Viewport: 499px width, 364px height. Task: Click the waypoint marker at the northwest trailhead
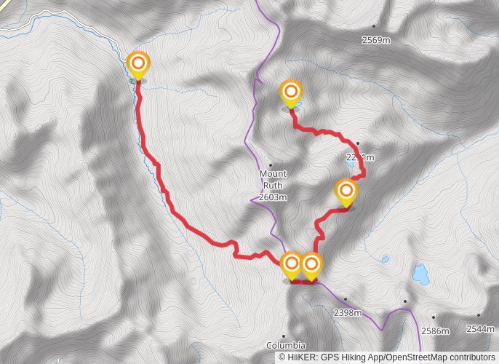(x=137, y=64)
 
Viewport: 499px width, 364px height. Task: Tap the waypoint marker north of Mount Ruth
(x=291, y=92)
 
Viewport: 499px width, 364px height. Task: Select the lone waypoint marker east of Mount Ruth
(x=346, y=192)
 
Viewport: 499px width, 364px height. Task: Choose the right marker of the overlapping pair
(x=311, y=264)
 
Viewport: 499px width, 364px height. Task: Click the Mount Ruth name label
(x=274, y=180)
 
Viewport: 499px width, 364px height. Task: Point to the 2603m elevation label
(x=274, y=197)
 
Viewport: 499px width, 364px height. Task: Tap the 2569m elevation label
(x=376, y=40)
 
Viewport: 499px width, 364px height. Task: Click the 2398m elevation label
(x=347, y=313)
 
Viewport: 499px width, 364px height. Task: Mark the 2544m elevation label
(x=480, y=329)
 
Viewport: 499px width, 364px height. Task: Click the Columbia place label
(x=285, y=345)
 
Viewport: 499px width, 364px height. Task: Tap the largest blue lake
(x=420, y=274)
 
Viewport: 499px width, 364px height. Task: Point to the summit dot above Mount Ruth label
(x=270, y=165)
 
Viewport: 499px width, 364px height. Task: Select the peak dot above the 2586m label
(x=433, y=317)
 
